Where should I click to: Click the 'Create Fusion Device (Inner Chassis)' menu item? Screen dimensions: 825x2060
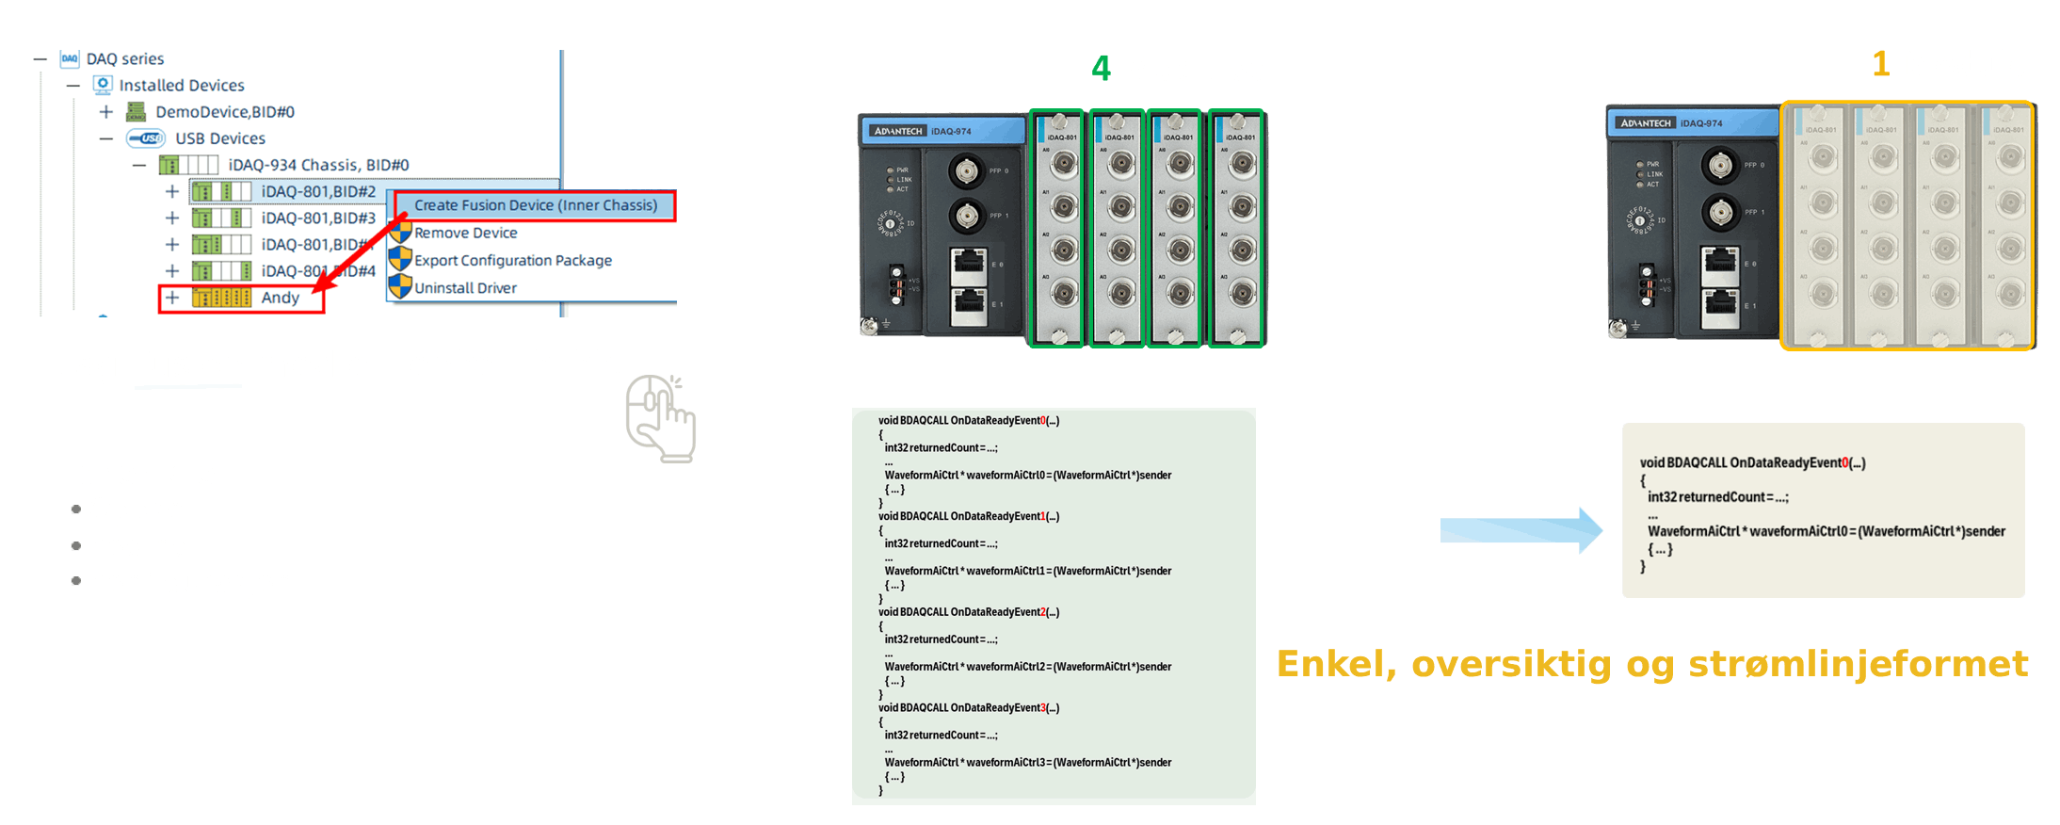(535, 205)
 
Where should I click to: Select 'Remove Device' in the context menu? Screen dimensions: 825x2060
(465, 233)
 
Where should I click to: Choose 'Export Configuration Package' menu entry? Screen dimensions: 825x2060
(512, 260)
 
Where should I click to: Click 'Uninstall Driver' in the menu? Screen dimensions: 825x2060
(465, 288)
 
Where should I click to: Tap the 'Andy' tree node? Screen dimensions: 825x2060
(280, 298)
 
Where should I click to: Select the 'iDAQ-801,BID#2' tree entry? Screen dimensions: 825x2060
(318, 191)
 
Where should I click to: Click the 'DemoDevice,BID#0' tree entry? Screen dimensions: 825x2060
(225, 112)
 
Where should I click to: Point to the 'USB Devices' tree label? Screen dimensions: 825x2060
(220, 138)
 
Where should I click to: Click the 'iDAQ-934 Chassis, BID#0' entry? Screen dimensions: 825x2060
(318, 165)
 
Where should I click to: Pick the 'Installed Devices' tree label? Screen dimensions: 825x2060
(182, 86)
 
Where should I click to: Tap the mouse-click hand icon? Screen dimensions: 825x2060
(660, 418)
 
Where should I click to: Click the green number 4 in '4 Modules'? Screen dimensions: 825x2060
(1101, 69)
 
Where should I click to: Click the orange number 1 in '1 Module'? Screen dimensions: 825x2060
(1880, 64)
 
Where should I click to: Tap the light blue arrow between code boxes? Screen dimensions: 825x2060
(1521, 530)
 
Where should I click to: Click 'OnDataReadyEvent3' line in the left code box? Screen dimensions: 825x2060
(969, 708)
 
